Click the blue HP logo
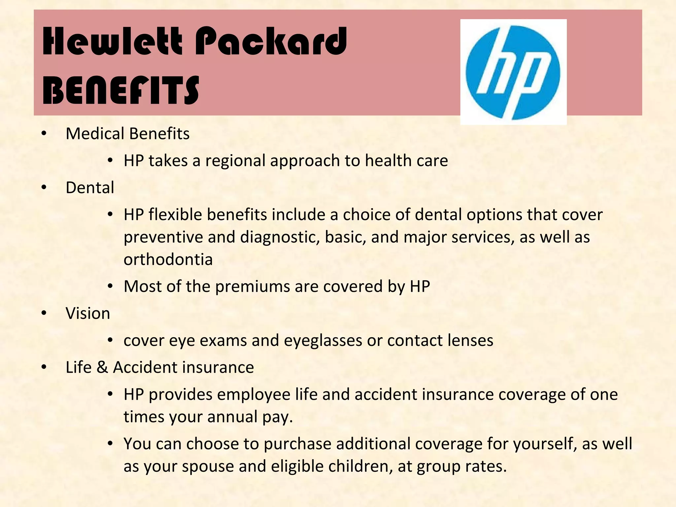pos(513,72)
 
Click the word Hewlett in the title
pos(112,42)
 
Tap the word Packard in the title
pos(271,42)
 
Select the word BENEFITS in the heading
pos(121,90)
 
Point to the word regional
pos(235,161)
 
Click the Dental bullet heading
pos(90,187)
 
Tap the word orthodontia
pos(168,259)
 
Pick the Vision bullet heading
pos(88,313)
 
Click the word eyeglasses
pos(323,341)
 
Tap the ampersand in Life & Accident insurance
pos(102,367)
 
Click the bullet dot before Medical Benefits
pos(44,134)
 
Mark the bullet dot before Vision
pos(44,313)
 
